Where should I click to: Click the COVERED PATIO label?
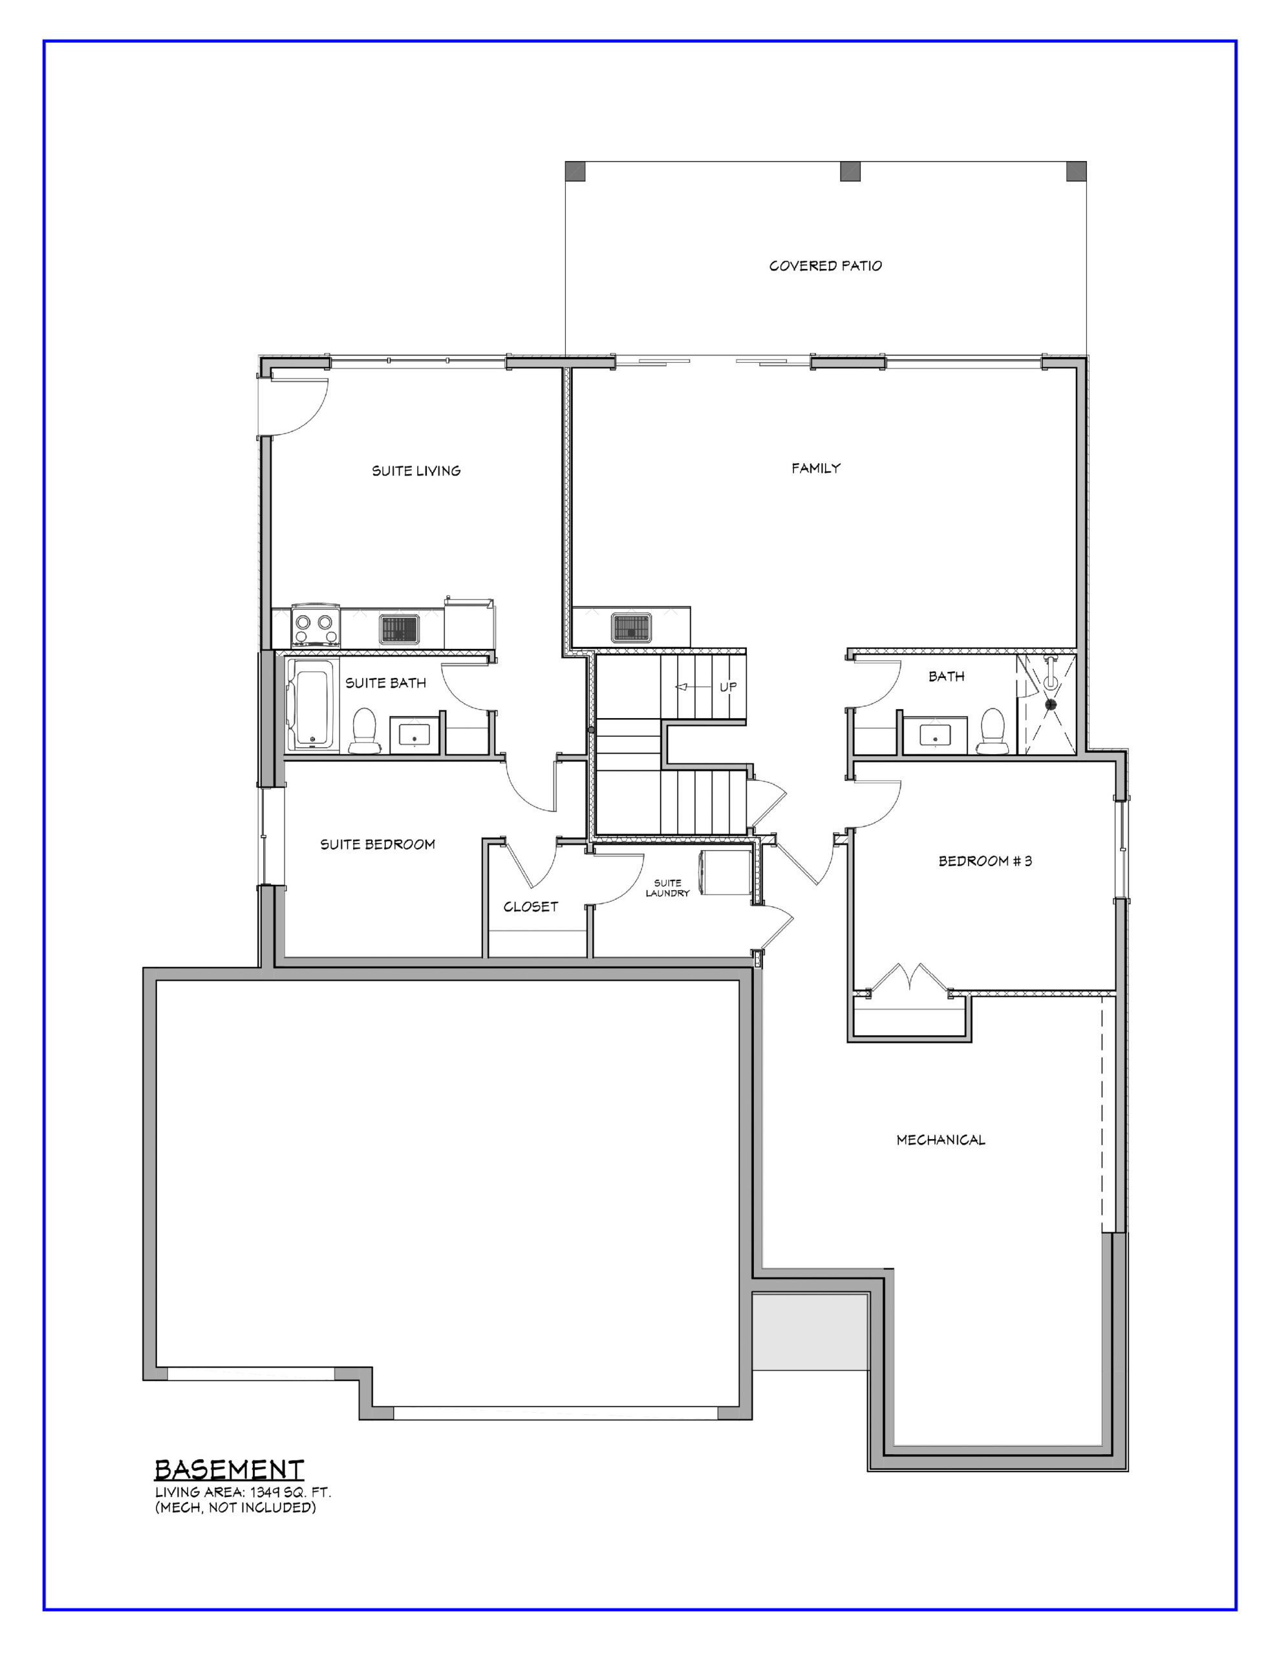tap(825, 266)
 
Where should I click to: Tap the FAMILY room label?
tap(816, 468)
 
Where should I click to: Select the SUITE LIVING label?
tap(416, 471)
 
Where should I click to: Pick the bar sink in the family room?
tap(634, 628)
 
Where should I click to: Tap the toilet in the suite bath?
tap(364, 732)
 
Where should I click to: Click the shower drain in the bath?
tap(1051, 704)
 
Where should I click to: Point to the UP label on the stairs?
tap(728, 687)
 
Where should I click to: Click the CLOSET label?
tap(531, 906)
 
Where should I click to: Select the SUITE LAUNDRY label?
tap(667, 888)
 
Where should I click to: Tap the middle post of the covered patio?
tap(850, 171)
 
